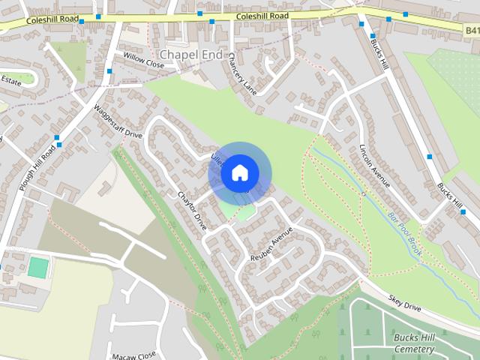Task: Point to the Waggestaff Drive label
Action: (118, 122)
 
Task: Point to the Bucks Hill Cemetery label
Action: (413, 343)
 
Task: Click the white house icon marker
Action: (239, 172)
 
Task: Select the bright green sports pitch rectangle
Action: (37, 266)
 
